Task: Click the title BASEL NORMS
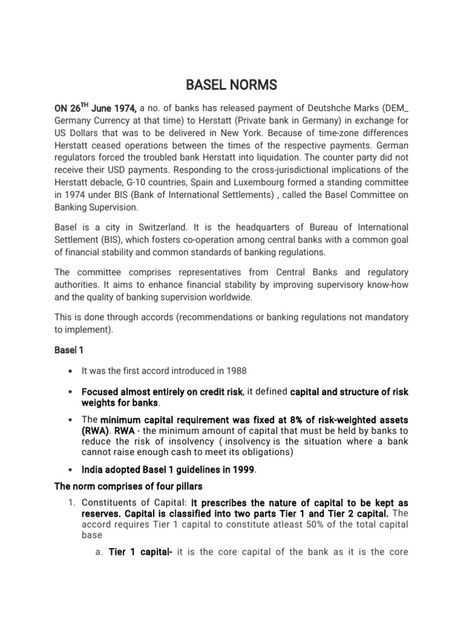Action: pyautogui.click(x=231, y=85)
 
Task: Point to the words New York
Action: pyautogui.click(x=257, y=132)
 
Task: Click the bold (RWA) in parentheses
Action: pyautogui.click(x=96, y=430)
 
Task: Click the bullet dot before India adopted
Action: pyautogui.click(x=71, y=470)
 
